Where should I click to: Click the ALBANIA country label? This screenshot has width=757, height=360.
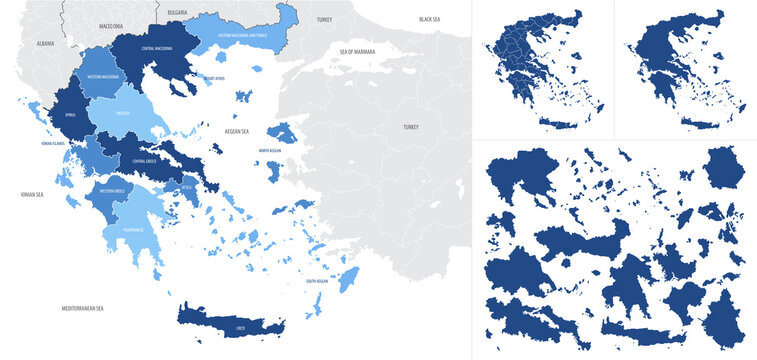coord(44,44)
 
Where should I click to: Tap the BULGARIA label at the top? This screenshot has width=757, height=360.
coord(177,11)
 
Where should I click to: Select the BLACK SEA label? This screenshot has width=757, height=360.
coord(429,19)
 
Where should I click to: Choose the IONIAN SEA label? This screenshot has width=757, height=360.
coord(32,194)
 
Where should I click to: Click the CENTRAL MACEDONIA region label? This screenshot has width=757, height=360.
coord(160,48)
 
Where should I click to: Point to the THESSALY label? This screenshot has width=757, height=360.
coord(124,113)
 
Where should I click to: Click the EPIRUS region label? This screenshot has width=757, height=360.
coord(69,114)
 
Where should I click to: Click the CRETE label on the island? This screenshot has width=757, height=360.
coord(240,326)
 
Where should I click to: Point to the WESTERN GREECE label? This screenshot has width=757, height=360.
coord(112,190)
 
